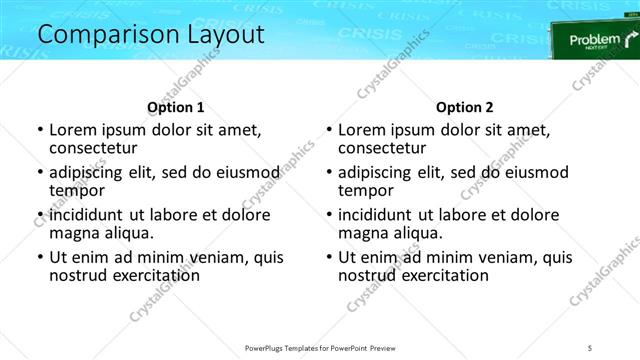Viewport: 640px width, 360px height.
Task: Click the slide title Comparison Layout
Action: [151, 34]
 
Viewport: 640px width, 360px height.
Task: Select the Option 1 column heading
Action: [175, 106]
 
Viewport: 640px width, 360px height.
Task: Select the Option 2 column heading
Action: [464, 106]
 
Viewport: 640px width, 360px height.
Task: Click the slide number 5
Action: [590, 347]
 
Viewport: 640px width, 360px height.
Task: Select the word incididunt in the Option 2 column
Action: [382, 214]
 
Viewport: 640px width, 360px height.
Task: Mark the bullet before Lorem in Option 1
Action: [39, 130]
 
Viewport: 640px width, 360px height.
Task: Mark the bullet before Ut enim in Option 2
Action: [328, 257]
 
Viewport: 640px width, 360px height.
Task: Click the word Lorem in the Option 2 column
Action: [363, 129]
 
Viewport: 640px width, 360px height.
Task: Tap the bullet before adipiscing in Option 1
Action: [39, 172]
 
